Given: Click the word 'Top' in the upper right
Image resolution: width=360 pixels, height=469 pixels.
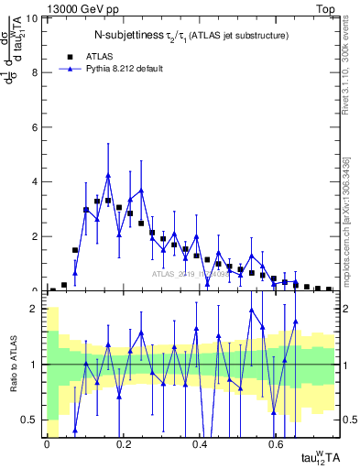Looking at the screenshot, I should point(324,8).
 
